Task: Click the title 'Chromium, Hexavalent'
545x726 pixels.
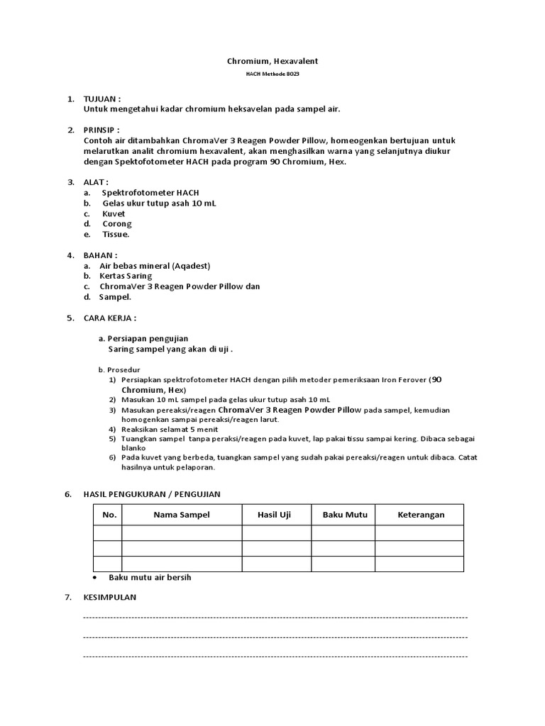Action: tap(272, 62)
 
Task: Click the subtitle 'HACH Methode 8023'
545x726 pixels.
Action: tap(272, 74)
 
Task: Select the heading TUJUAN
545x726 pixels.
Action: tap(101, 99)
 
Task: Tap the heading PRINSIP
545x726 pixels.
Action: tap(101, 130)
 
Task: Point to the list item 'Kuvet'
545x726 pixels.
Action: tap(114, 213)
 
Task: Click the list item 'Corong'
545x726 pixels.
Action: tap(117, 224)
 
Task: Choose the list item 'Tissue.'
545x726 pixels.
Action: tap(116, 235)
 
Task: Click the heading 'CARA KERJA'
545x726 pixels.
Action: tap(110, 318)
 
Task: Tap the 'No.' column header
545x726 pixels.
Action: tap(108, 515)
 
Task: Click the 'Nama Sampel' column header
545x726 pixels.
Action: tap(182, 515)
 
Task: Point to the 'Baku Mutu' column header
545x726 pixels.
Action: tap(343, 515)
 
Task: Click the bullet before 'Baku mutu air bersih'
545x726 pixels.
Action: tap(96, 577)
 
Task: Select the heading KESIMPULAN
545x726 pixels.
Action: tap(110, 598)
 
